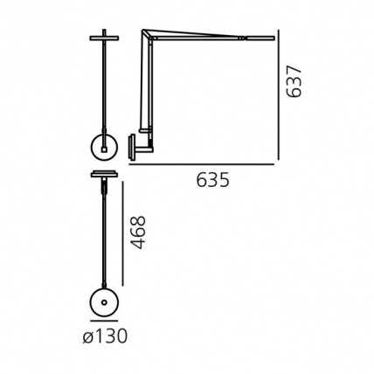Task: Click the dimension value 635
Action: tap(211, 181)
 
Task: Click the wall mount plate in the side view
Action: tap(133, 143)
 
